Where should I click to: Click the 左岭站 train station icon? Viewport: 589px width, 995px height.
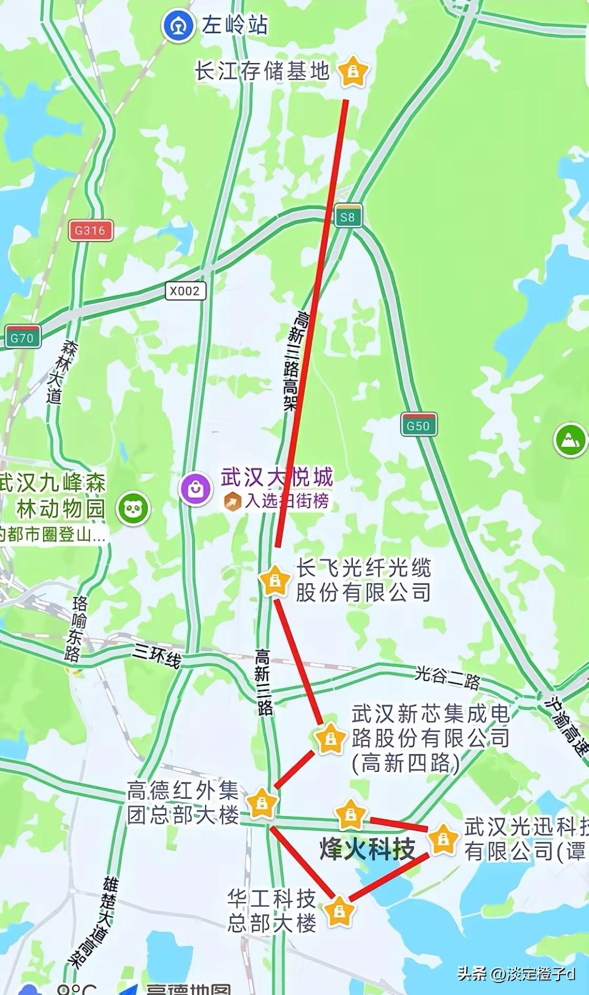click(178, 26)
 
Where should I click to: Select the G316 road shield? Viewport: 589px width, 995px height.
click(91, 230)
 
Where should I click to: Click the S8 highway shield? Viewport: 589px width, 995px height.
click(347, 217)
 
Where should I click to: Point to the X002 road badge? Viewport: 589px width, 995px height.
click(185, 291)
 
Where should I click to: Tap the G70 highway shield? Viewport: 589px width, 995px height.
click(22, 337)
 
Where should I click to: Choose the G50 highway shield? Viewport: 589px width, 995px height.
click(418, 425)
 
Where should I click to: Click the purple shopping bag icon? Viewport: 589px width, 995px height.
click(196, 489)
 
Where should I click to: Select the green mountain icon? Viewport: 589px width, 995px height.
click(570, 440)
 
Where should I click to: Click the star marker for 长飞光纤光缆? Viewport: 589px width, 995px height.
click(275, 581)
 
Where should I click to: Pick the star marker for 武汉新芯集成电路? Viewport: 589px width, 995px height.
click(330, 739)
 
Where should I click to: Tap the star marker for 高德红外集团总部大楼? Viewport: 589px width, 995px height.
click(262, 803)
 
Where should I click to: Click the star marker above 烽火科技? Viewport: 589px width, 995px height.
click(350, 815)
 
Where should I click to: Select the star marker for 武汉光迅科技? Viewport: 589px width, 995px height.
click(443, 840)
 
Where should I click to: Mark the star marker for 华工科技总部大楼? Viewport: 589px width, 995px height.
click(339, 910)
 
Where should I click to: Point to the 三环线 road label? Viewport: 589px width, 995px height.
click(157, 655)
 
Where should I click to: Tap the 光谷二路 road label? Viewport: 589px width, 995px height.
click(447, 677)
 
